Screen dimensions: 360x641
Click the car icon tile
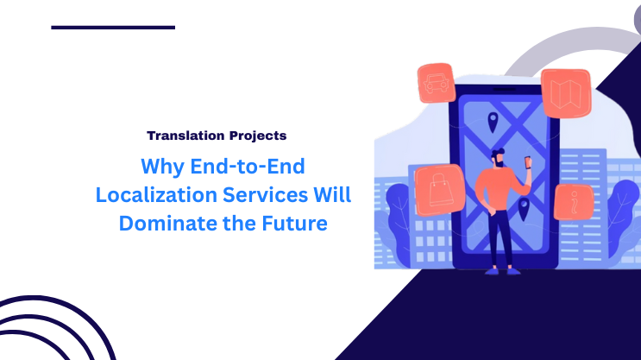pyautogui.click(x=435, y=83)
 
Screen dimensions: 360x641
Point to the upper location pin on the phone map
pyautogui.click(x=493, y=121)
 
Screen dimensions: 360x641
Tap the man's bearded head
pyautogui.click(x=500, y=159)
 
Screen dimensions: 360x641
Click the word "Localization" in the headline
pyautogui.click(x=153, y=194)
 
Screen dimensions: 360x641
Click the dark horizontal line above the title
pyautogui.click(x=113, y=28)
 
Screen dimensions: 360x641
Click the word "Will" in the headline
pyautogui.click(x=336, y=194)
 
